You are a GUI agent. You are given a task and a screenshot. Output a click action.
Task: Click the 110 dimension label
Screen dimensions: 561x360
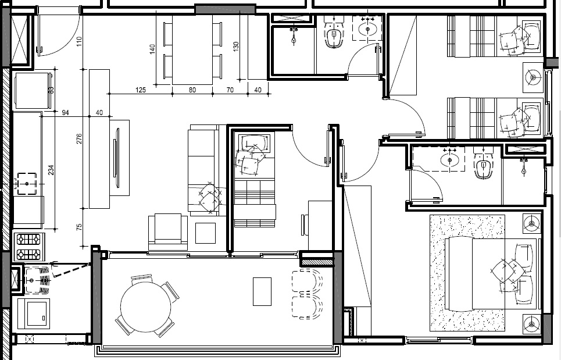(x=80, y=41)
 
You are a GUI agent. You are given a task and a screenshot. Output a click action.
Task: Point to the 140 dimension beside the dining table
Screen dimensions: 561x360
(x=152, y=49)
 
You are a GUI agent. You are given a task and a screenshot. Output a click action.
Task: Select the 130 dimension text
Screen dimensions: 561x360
(x=236, y=47)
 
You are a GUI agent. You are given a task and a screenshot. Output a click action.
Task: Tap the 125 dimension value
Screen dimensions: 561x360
(x=141, y=90)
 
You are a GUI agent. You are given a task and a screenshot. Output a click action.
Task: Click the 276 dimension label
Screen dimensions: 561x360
(x=80, y=138)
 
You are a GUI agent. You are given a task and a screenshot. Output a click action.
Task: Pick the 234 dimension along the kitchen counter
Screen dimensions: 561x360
(x=51, y=170)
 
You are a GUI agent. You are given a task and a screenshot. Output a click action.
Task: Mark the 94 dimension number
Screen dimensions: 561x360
(x=65, y=113)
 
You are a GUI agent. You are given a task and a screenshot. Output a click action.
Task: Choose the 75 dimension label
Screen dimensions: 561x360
(x=80, y=226)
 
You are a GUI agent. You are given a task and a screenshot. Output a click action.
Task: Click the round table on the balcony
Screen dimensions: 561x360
(x=145, y=306)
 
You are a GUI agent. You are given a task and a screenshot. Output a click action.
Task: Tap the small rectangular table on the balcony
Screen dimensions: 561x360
(x=262, y=291)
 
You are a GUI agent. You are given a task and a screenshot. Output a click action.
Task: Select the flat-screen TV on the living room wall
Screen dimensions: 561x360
(x=116, y=158)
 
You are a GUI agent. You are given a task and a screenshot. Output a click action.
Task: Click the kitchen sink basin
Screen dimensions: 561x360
(x=27, y=184)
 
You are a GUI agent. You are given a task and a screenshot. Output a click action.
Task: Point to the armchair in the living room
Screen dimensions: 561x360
(x=168, y=232)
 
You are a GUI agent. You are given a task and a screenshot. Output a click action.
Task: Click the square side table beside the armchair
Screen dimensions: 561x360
(x=205, y=233)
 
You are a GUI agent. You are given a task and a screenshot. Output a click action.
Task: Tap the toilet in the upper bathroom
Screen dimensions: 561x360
(x=334, y=34)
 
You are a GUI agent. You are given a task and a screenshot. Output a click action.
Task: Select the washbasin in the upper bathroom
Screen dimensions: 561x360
(x=367, y=28)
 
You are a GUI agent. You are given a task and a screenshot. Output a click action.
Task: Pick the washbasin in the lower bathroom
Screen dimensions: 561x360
(x=449, y=160)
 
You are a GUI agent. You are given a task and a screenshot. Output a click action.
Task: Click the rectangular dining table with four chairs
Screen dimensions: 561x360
(x=192, y=50)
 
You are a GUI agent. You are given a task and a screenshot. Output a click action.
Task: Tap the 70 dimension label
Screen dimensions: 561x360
(x=230, y=90)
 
